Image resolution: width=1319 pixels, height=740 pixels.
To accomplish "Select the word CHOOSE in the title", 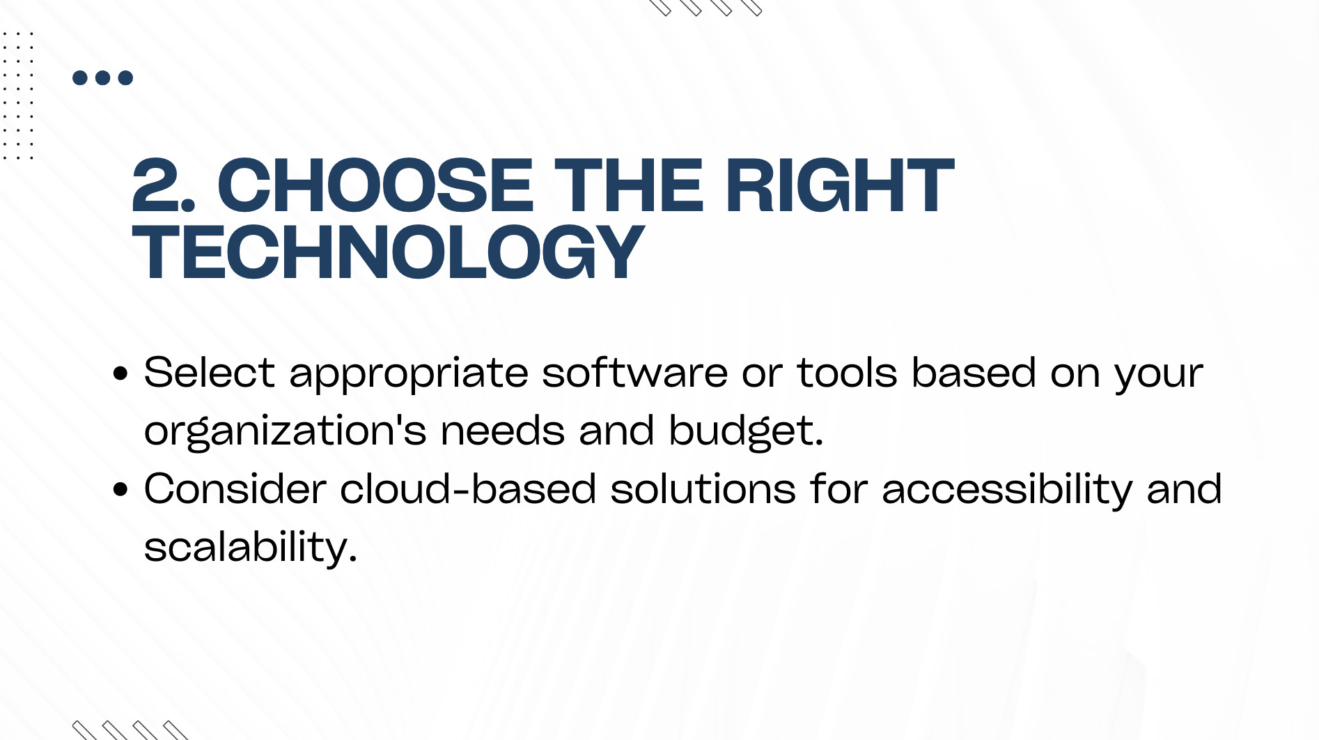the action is click(x=375, y=185).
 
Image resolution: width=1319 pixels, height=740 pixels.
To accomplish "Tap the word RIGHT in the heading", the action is click(x=839, y=185).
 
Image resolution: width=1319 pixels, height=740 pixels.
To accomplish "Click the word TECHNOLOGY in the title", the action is click(x=388, y=252).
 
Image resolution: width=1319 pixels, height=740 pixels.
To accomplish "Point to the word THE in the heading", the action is click(x=629, y=185).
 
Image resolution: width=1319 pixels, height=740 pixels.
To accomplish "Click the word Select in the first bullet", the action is click(x=210, y=372).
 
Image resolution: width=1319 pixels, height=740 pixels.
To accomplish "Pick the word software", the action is click(x=635, y=372).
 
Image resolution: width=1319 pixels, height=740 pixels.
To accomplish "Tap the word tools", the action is click(x=848, y=372).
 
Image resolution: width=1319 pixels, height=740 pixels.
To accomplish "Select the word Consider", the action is click(x=235, y=488).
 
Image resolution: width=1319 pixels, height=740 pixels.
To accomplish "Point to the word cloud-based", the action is click(x=468, y=488).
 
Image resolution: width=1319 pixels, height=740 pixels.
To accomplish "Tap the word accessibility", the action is click(x=1007, y=490).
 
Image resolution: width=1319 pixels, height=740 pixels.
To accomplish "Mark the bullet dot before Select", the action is click(x=120, y=373).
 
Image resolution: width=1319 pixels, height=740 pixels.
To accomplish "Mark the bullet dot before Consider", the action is click(x=120, y=490).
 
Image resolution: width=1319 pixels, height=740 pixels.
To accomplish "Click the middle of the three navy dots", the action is click(x=103, y=77).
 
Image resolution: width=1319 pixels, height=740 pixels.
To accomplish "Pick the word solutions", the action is click(x=703, y=488).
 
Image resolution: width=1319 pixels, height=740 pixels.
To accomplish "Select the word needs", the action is click(x=502, y=431).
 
